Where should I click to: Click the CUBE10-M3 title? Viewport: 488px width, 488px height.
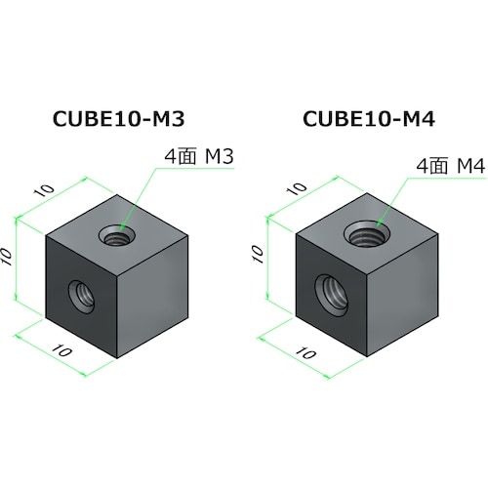click(x=119, y=119)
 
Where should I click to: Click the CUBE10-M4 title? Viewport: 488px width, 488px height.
click(x=369, y=119)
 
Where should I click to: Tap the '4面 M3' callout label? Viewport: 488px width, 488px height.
click(x=199, y=157)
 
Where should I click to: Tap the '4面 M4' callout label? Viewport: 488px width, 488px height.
click(x=451, y=167)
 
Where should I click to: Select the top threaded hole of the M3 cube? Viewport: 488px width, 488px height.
click(x=118, y=235)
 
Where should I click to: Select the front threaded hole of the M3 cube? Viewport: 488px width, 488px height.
click(x=82, y=297)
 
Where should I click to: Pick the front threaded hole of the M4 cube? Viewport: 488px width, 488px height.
click(x=332, y=296)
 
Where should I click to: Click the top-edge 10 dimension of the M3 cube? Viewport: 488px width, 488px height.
click(x=44, y=190)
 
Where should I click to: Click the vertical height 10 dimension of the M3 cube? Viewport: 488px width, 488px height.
click(x=7, y=257)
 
